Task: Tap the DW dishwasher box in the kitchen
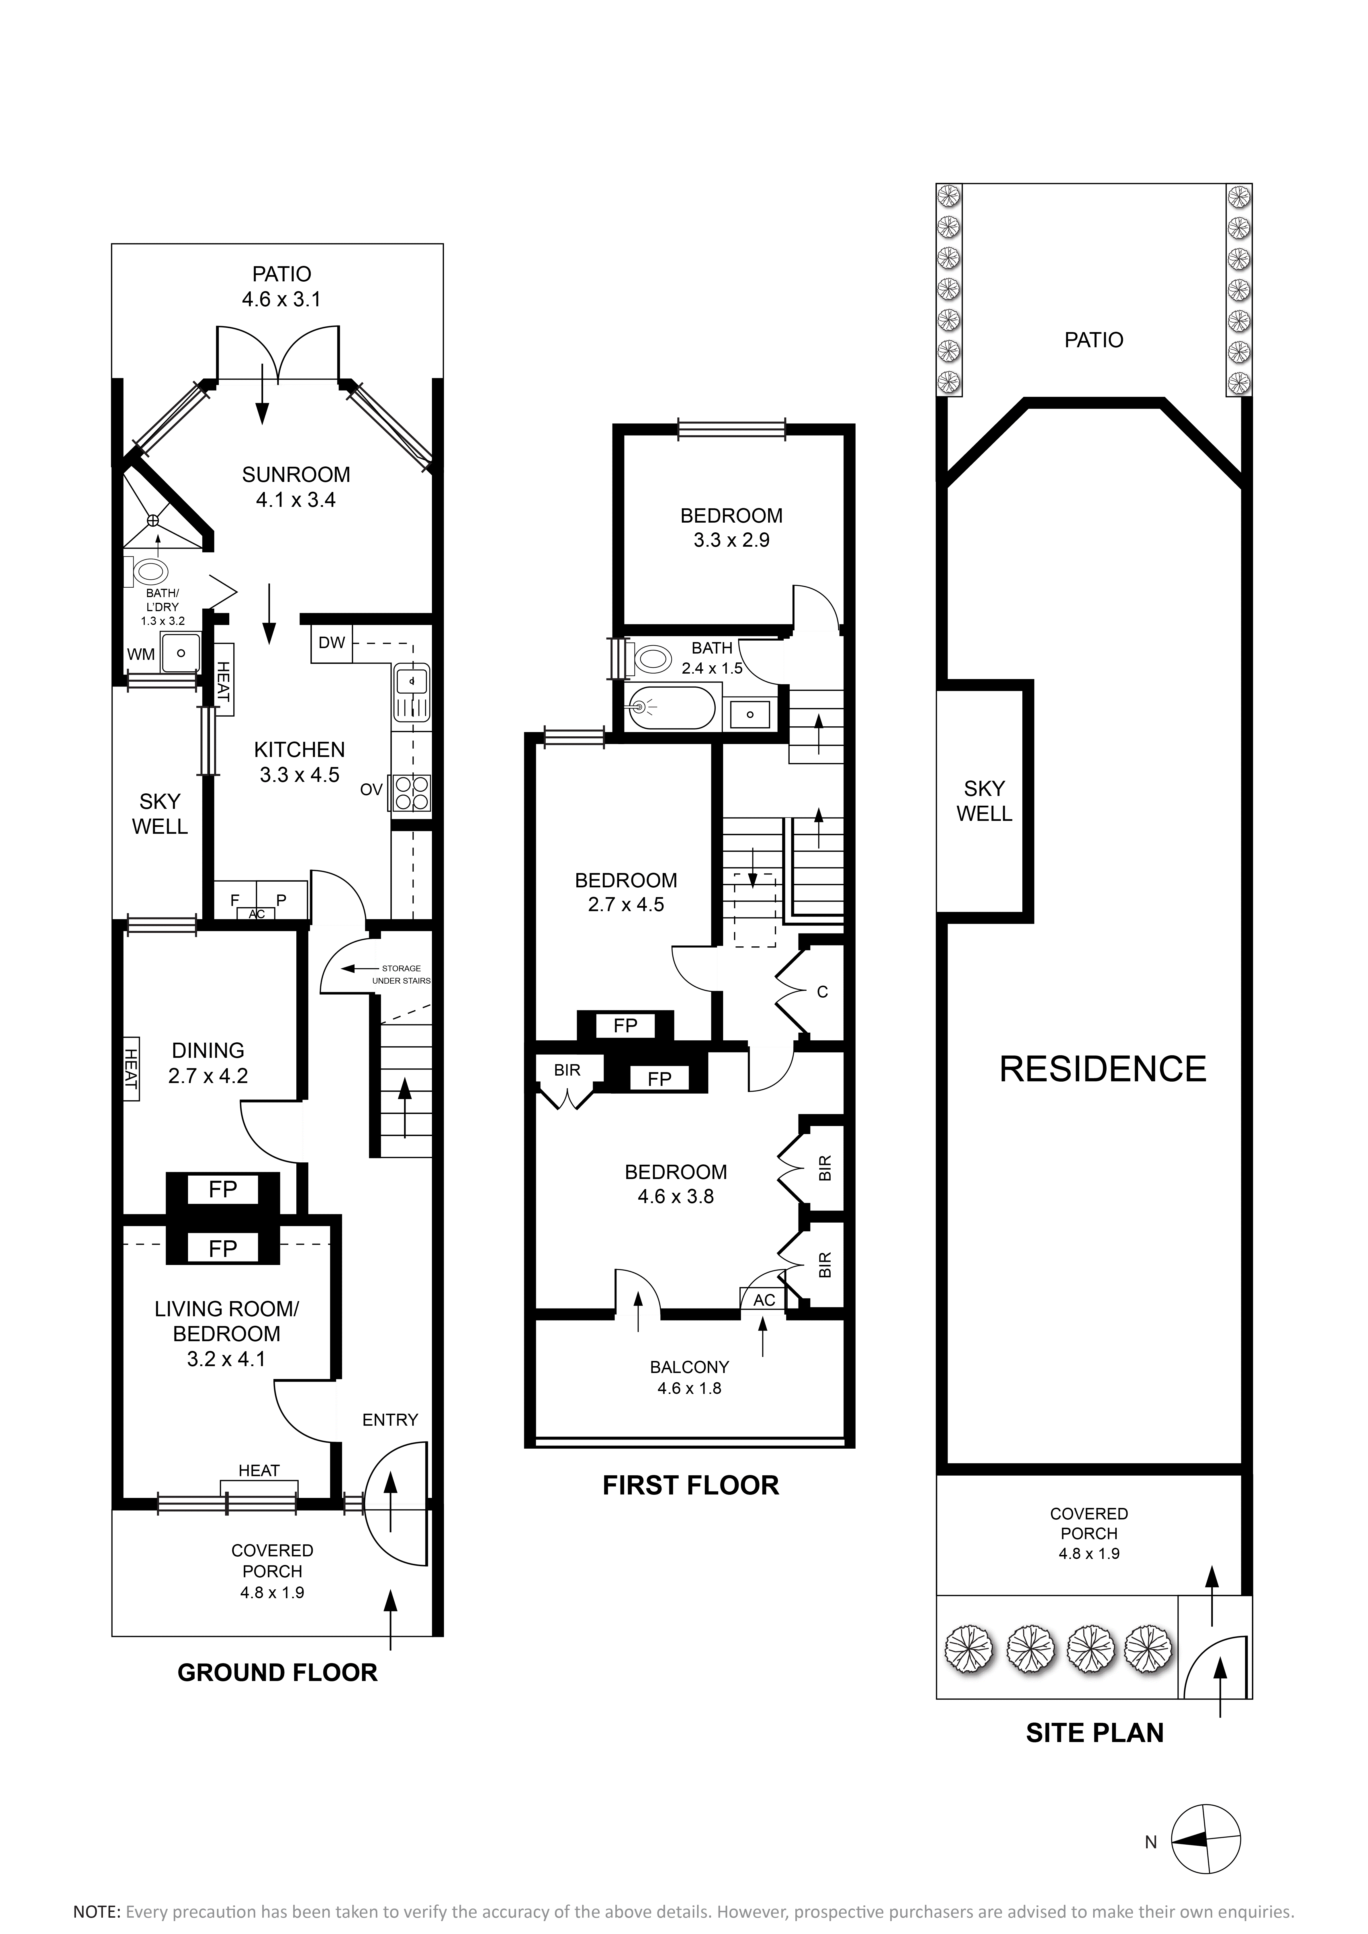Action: tap(332, 643)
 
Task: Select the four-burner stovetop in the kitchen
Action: tap(410, 793)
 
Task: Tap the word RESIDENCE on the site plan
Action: tap(1103, 1069)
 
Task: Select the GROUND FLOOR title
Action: tap(277, 1672)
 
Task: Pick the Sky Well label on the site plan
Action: tap(984, 801)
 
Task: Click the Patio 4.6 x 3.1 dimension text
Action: tap(281, 287)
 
